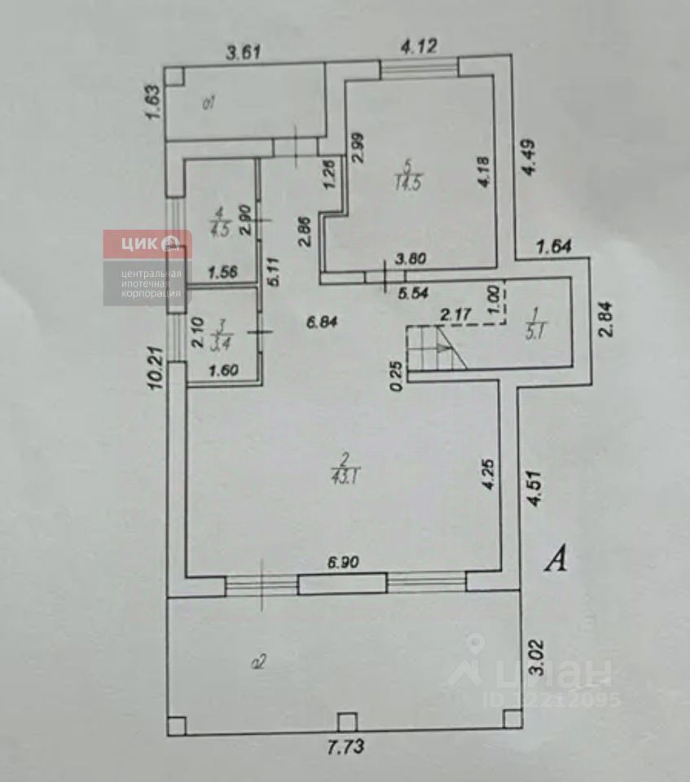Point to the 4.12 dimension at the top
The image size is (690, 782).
coord(419,46)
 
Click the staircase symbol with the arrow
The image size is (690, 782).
coord(440,348)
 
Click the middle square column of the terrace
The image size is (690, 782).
coord(347,721)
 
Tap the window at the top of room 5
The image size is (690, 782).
coord(419,68)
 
